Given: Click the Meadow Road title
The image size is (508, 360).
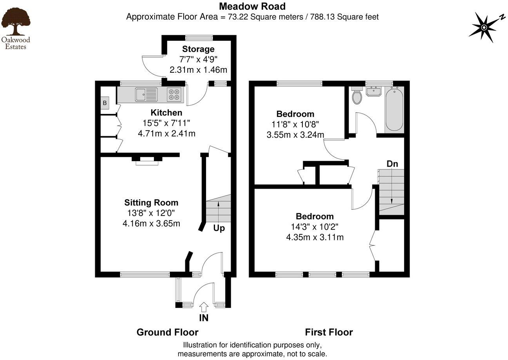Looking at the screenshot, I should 252,6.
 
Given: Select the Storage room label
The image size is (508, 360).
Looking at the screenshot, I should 198,49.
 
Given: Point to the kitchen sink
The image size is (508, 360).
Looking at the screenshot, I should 146,94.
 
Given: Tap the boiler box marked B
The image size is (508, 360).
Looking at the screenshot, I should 105,103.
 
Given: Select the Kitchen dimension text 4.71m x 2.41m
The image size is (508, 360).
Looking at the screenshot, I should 166,134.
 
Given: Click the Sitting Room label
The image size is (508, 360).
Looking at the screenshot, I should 151,203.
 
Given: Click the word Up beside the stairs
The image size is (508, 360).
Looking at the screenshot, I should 219,228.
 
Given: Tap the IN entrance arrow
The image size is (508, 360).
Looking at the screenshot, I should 204,306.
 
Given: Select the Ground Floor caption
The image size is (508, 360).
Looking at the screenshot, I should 167,333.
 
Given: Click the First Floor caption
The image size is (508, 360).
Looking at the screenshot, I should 329,333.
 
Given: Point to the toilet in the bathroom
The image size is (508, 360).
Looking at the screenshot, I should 357,97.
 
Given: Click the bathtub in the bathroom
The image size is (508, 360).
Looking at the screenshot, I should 394,110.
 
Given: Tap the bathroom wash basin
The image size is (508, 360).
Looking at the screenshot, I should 374,92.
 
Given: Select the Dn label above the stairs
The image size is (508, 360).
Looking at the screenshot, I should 392,164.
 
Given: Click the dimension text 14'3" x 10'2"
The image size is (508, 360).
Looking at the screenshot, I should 314,227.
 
